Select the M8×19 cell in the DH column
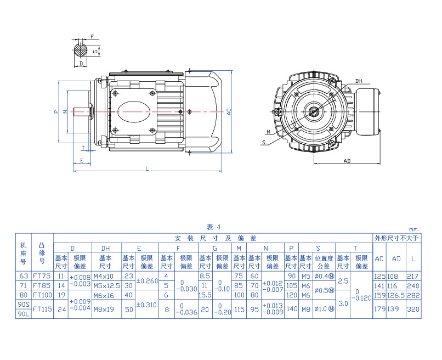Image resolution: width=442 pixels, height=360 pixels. coord(105,309)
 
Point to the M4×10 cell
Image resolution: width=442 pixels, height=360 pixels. coord(105,276)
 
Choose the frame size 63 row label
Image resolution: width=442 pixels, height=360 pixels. coord(23,276)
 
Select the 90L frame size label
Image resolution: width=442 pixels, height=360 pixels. coord(23,314)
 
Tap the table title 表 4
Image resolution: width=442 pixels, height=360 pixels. coord(213,227)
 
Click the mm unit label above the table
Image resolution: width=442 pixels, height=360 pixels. coord(413,229)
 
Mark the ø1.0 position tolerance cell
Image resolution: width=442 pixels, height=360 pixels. coord(324,309)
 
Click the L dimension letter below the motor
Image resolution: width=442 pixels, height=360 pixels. coord(148,169)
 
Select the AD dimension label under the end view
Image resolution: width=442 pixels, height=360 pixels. coord(347,161)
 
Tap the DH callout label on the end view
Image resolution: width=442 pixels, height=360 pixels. coord(359,81)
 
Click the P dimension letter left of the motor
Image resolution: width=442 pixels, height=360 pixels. coord(55,111)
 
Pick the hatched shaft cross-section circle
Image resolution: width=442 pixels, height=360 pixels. coord(81,51)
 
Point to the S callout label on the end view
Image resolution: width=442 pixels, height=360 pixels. coord(264,142)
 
